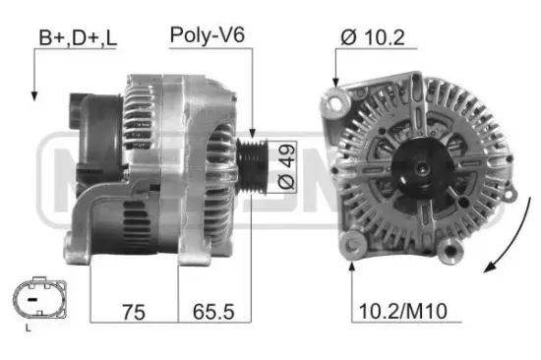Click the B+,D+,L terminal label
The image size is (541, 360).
76,38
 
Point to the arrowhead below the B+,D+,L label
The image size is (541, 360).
35,96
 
